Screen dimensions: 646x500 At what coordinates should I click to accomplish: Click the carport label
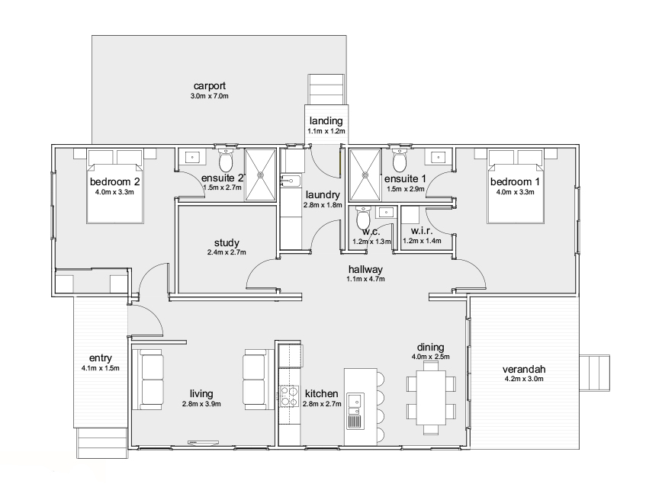click(210, 85)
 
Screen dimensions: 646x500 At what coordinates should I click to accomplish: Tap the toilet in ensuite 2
click(225, 160)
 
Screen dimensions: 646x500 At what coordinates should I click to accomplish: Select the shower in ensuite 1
click(365, 175)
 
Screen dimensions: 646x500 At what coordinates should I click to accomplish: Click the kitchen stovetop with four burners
click(289, 396)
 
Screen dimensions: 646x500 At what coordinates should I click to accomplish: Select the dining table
click(431, 397)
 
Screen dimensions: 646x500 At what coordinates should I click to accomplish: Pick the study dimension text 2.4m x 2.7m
click(227, 252)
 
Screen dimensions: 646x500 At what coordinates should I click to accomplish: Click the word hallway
click(365, 269)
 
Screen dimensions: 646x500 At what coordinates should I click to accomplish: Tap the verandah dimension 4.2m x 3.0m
click(524, 379)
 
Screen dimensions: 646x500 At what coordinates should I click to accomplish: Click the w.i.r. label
click(422, 231)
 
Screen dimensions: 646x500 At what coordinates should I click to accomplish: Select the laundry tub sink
click(291, 181)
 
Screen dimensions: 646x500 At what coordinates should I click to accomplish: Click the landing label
click(326, 120)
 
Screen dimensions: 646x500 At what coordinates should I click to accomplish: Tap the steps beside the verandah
click(594, 372)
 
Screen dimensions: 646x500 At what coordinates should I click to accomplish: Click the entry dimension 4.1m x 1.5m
click(101, 368)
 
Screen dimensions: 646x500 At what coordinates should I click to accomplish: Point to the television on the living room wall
click(203, 443)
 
